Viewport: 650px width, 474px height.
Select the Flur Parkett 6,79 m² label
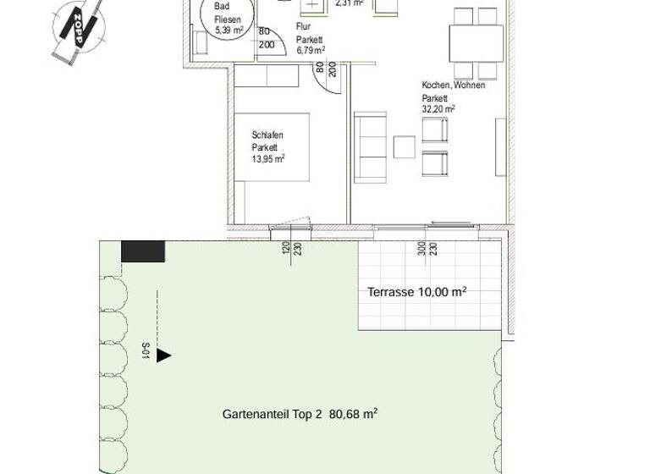point(310,38)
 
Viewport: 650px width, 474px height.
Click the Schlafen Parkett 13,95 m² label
point(267,146)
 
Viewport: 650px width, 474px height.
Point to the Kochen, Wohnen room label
point(453,85)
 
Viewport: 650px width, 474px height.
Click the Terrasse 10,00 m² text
point(417,292)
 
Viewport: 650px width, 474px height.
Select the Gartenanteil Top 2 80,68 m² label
point(300,414)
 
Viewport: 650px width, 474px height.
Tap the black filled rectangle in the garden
point(143,251)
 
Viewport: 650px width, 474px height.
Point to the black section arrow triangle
point(163,355)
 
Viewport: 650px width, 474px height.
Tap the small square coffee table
point(405,147)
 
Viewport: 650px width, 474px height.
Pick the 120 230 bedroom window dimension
point(292,251)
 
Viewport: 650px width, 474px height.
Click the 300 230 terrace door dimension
point(427,251)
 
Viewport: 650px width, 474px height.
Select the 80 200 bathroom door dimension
point(266,39)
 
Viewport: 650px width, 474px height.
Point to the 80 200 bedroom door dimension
point(327,69)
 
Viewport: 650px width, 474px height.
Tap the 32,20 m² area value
point(438,108)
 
